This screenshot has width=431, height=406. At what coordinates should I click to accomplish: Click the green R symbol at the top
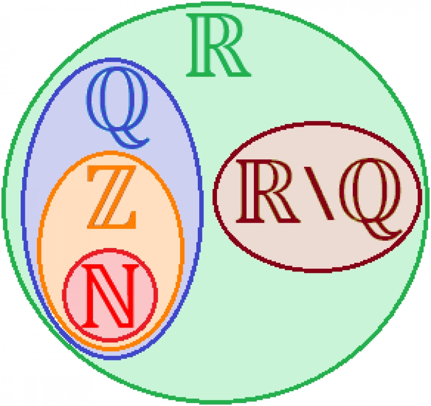pyautogui.click(x=218, y=45)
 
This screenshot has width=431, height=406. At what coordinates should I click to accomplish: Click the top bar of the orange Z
pyautogui.click(x=111, y=170)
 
